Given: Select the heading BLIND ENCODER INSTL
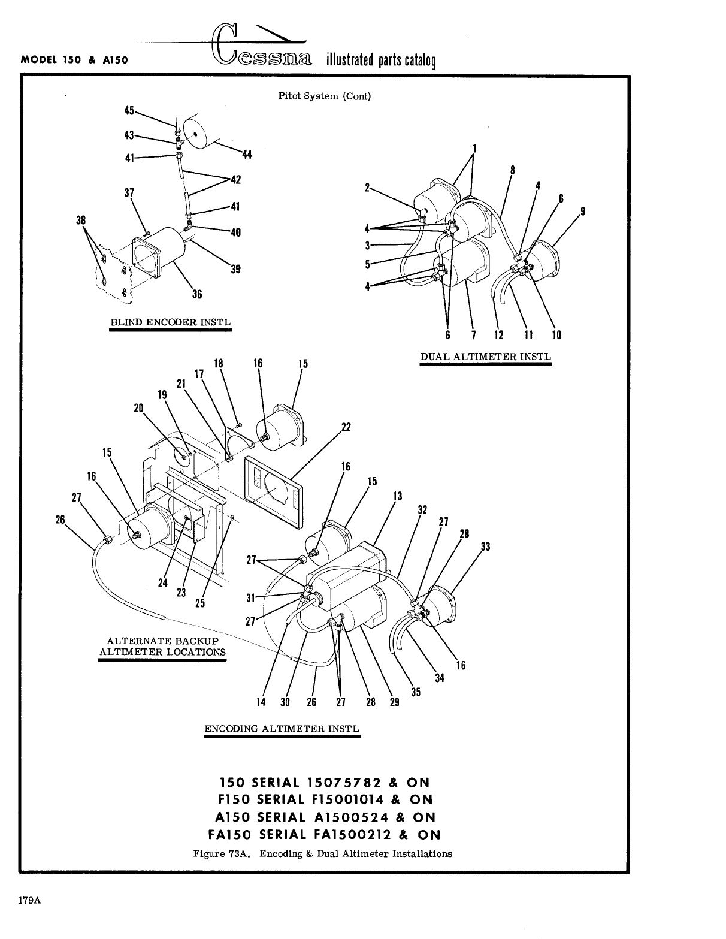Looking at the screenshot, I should click(x=170, y=322).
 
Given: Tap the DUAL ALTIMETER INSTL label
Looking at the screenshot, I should click(x=485, y=357).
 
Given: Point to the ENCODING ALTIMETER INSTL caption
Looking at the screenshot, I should click(x=282, y=729).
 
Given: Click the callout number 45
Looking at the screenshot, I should click(x=129, y=110).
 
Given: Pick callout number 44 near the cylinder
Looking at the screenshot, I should click(x=246, y=155).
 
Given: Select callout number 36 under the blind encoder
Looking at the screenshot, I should click(x=196, y=294).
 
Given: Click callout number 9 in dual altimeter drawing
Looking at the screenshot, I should click(x=583, y=211).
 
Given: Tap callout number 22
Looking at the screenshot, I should click(x=346, y=427).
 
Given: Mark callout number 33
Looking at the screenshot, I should click(x=485, y=547).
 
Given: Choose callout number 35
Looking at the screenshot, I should click(x=416, y=692).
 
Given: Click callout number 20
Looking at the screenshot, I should click(x=139, y=408).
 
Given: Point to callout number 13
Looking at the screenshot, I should click(x=397, y=496).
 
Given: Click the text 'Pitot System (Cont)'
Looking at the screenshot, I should click(x=325, y=96).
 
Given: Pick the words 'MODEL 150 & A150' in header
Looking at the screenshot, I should click(x=75, y=60).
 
